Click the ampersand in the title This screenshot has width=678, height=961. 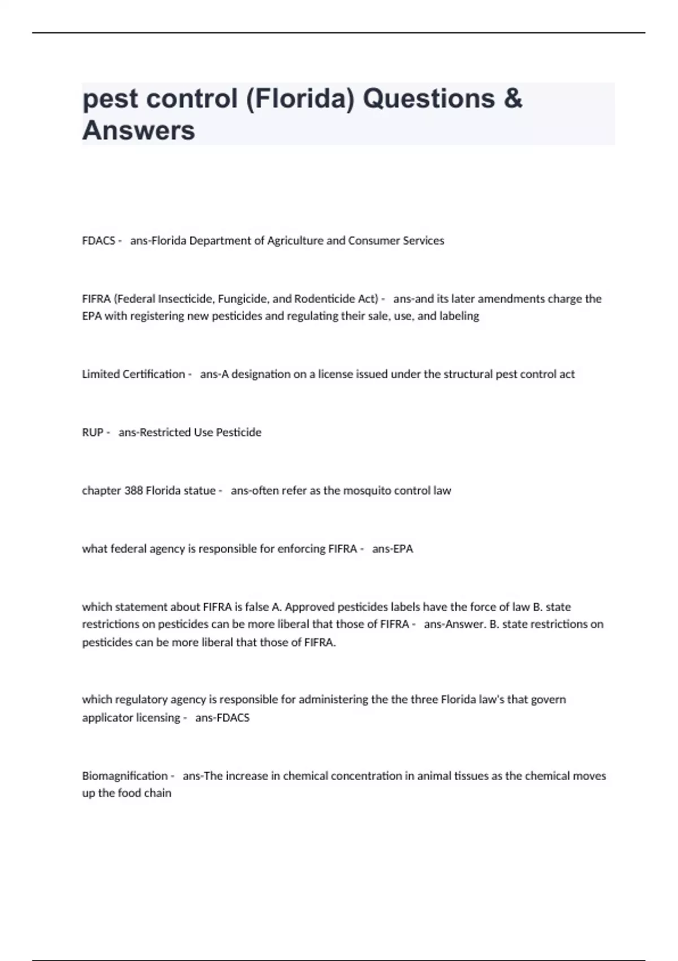[x=512, y=98]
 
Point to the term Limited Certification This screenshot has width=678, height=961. [x=133, y=374]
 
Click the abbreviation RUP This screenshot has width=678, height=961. [x=93, y=432]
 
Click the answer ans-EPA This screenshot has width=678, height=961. [x=393, y=549]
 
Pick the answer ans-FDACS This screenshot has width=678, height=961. [x=222, y=718]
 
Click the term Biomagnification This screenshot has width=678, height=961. [x=125, y=776]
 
